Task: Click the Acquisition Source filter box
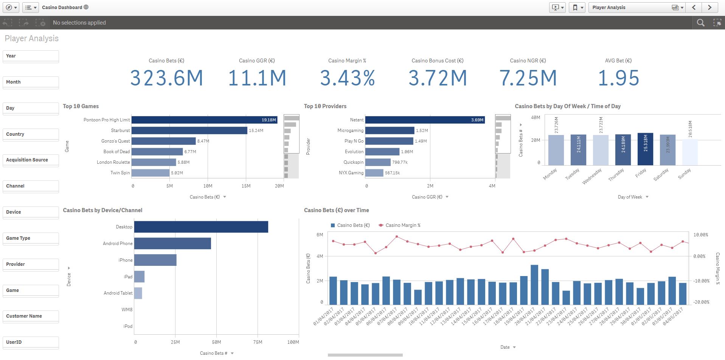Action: point(30,160)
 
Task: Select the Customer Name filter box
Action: point(30,316)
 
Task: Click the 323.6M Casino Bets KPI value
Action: point(166,78)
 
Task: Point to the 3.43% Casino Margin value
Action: point(347,78)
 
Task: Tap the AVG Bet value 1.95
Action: point(618,78)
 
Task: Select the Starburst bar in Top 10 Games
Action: point(189,130)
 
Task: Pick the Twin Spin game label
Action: point(120,173)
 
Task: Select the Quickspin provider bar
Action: point(377,162)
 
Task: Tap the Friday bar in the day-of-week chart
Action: point(645,149)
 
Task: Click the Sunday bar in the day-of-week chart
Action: point(689,152)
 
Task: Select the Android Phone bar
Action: point(172,244)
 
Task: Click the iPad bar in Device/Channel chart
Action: point(139,277)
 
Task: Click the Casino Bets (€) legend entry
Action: point(353,225)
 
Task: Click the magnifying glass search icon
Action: point(700,23)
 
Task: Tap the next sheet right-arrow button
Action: point(709,7)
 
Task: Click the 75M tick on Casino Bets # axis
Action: point(258,342)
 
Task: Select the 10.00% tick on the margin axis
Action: point(700,235)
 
